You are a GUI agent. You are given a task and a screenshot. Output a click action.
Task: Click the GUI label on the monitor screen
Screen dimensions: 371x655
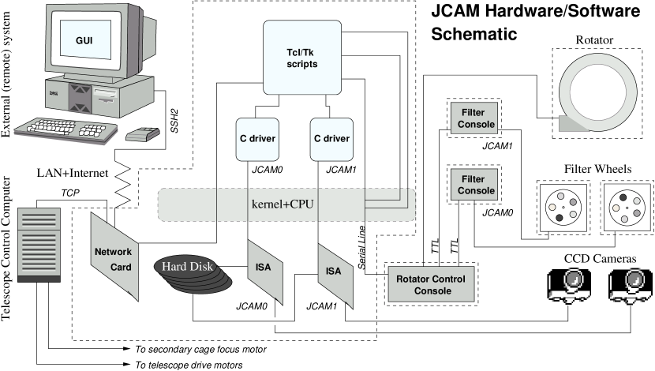[83, 40]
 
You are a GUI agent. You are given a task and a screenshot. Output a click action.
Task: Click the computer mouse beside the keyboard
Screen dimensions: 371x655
[142, 134]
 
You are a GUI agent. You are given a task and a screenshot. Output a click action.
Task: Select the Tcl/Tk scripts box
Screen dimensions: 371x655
[301, 58]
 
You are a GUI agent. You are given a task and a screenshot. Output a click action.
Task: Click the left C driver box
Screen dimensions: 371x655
[257, 139]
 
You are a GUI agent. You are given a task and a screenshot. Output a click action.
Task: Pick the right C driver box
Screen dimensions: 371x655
[331, 139]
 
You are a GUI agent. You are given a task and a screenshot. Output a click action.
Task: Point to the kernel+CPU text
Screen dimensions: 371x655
[282, 204]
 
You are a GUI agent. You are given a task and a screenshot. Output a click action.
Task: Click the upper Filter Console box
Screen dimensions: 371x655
[477, 118]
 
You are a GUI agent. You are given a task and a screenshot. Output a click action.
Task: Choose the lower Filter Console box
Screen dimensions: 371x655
[477, 185]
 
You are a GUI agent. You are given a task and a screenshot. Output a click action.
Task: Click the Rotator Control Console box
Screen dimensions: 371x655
[430, 285]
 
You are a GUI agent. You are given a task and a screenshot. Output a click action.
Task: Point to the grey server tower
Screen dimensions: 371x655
[39, 244]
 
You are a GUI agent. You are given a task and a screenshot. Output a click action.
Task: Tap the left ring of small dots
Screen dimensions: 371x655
[562, 207]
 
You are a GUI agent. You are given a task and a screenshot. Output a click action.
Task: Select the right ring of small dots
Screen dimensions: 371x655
[626, 208]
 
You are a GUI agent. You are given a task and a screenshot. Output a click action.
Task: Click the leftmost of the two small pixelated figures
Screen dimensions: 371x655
[571, 285]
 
